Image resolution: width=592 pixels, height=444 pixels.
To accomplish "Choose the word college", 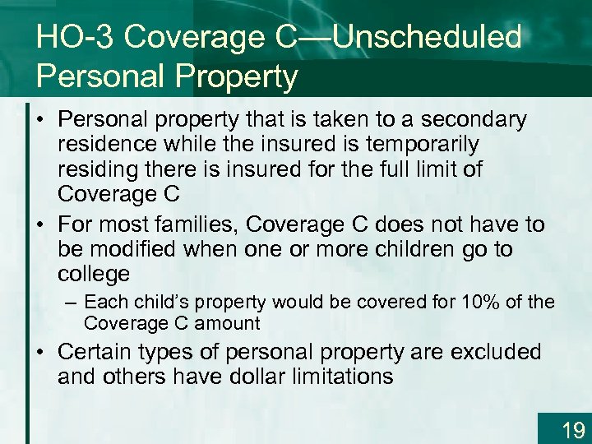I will (94, 274).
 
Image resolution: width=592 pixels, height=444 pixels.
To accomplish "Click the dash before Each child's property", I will (73, 303).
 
